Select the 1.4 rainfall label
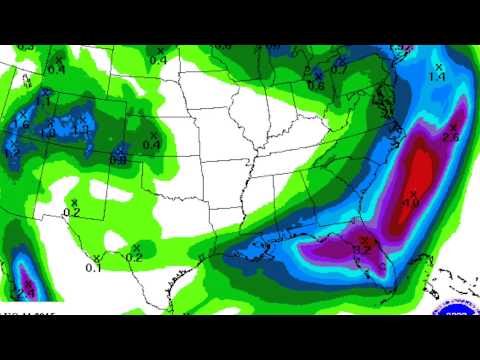click(436, 77)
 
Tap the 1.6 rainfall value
click(23, 124)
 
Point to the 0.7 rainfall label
click(339, 69)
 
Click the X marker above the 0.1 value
click(95, 258)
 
